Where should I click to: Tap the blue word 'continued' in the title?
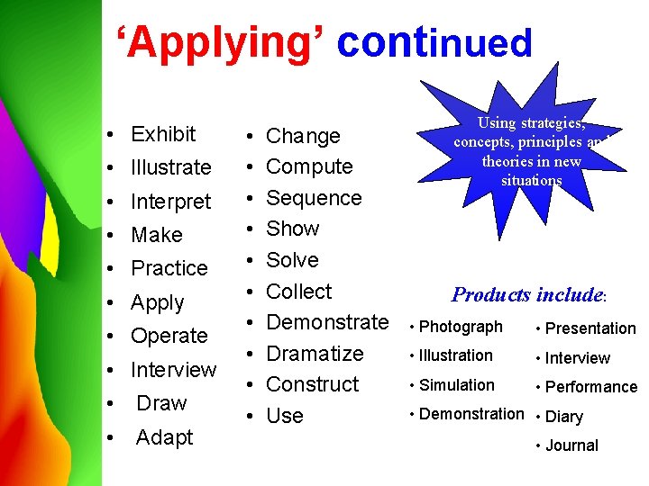(x=434, y=42)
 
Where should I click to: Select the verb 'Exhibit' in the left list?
(x=163, y=134)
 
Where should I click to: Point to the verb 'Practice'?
(x=169, y=268)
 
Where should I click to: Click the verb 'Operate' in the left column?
(x=169, y=336)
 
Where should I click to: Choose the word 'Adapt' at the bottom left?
(x=165, y=437)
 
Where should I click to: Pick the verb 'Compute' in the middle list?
(x=309, y=166)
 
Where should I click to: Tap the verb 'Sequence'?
(x=314, y=198)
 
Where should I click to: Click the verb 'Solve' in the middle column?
(x=293, y=260)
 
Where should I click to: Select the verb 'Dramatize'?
(x=315, y=354)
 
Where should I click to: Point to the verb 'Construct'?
(x=313, y=384)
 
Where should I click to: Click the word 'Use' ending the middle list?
(x=285, y=416)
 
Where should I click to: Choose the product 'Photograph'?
(x=461, y=327)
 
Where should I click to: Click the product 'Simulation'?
(x=457, y=385)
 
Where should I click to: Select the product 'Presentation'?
(x=590, y=328)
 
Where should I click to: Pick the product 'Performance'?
(x=591, y=387)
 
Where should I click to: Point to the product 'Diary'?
(x=564, y=417)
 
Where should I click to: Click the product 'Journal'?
(x=571, y=445)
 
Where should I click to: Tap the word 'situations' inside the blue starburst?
(x=532, y=181)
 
